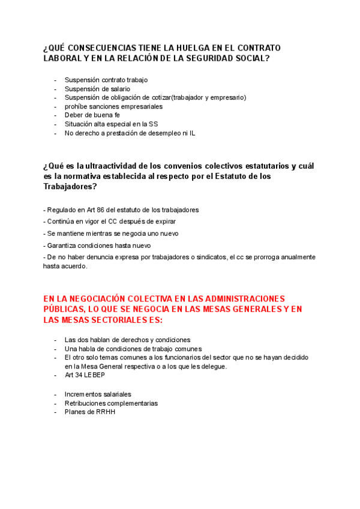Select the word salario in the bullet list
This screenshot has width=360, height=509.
[x=119, y=89]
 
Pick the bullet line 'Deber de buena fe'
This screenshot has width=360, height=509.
[x=92, y=115]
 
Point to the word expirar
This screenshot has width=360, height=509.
[x=164, y=221]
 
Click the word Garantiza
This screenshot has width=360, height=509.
[x=61, y=245]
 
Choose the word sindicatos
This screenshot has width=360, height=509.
[x=210, y=257]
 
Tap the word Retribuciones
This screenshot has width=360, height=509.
[x=88, y=403]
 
